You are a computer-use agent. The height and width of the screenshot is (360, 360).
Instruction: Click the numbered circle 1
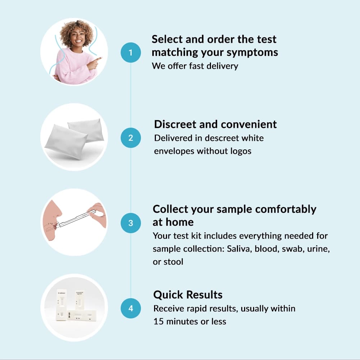[x=131, y=53]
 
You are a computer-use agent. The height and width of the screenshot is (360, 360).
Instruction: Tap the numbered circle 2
[x=131, y=138]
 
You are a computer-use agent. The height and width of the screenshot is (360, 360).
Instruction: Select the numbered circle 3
[x=131, y=223]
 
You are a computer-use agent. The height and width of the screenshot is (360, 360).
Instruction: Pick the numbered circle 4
[x=131, y=308]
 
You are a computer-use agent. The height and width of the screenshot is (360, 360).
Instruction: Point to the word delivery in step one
[x=222, y=66]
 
